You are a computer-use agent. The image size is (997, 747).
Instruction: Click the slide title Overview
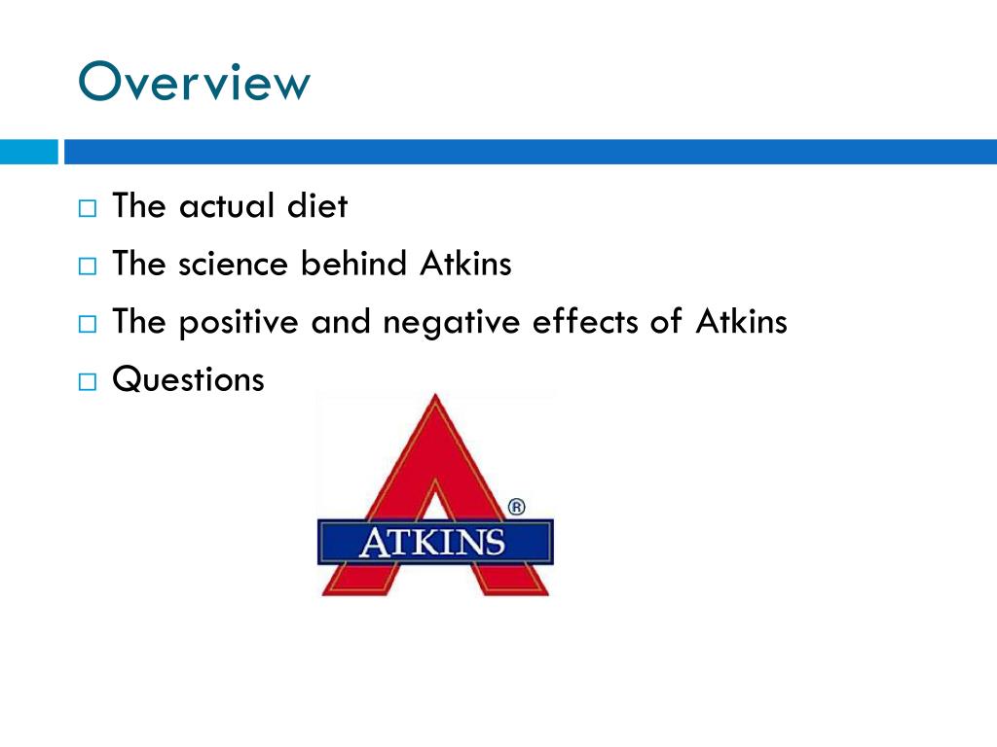click(194, 83)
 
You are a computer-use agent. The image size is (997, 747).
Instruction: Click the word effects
click(580, 322)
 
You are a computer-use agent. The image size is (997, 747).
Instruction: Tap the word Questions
click(188, 379)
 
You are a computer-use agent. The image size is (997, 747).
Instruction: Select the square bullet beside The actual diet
click(88, 209)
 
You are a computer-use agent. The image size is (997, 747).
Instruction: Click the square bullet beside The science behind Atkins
click(88, 267)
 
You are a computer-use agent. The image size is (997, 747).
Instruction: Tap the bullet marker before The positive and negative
click(88, 324)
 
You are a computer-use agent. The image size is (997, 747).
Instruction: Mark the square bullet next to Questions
click(88, 381)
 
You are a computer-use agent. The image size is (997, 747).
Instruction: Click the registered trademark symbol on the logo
click(517, 507)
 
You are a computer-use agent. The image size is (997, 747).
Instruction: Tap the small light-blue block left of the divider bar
click(28, 152)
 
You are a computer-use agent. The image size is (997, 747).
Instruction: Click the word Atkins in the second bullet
click(465, 264)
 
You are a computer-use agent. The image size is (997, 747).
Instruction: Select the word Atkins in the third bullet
click(741, 322)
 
